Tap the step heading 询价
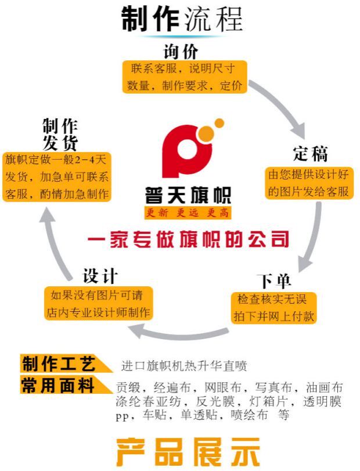181,51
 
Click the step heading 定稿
310,154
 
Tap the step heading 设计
100,275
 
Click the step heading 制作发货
60,134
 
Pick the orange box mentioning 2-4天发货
57,177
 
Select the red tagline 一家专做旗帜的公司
188,239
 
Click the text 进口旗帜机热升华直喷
185,366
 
